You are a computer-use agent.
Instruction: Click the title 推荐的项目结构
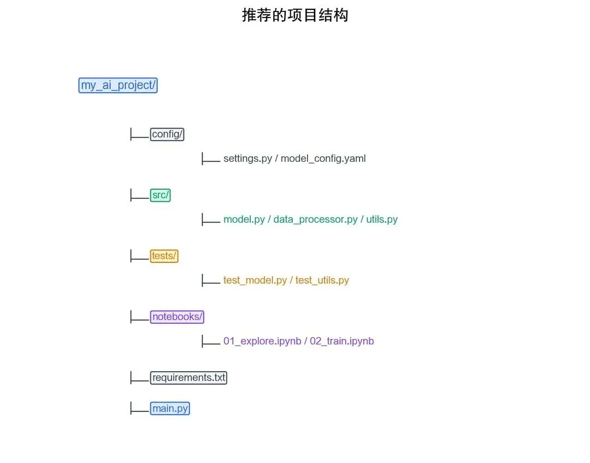click(x=295, y=15)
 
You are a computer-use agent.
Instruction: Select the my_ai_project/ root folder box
click(x=118, y=85)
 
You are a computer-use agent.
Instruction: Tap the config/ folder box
click(x=167, y=134)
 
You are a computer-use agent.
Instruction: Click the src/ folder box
click(x=161, y=195)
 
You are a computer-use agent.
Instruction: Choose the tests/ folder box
click(x=164, y=255)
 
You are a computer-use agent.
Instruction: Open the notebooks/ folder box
click(x=177, y=317)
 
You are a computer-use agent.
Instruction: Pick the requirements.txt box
click(x=188, y=377)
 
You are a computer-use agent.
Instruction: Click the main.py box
click(x=170, y=408)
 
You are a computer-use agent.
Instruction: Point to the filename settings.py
click(x=247, y=159)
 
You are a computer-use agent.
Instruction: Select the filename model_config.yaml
click(x=323, y=159)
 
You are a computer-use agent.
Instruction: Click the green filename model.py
click(x=244, y=219)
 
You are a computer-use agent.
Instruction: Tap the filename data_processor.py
click(x=315, y=219)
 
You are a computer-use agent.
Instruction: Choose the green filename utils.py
click(x=382, y=219)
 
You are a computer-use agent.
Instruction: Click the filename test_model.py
click(x=255, y=280)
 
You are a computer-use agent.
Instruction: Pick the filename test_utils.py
click(x=322, y=280)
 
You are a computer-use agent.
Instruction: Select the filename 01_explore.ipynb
click(x=262, y=341)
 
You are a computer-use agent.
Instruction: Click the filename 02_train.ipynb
click(x=342, y=341)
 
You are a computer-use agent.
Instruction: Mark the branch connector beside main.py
click(x=139, y=408)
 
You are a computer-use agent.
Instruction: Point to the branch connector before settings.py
click(x=210, y=159)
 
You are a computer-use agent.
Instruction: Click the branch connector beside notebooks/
click(x=139, y=317)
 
